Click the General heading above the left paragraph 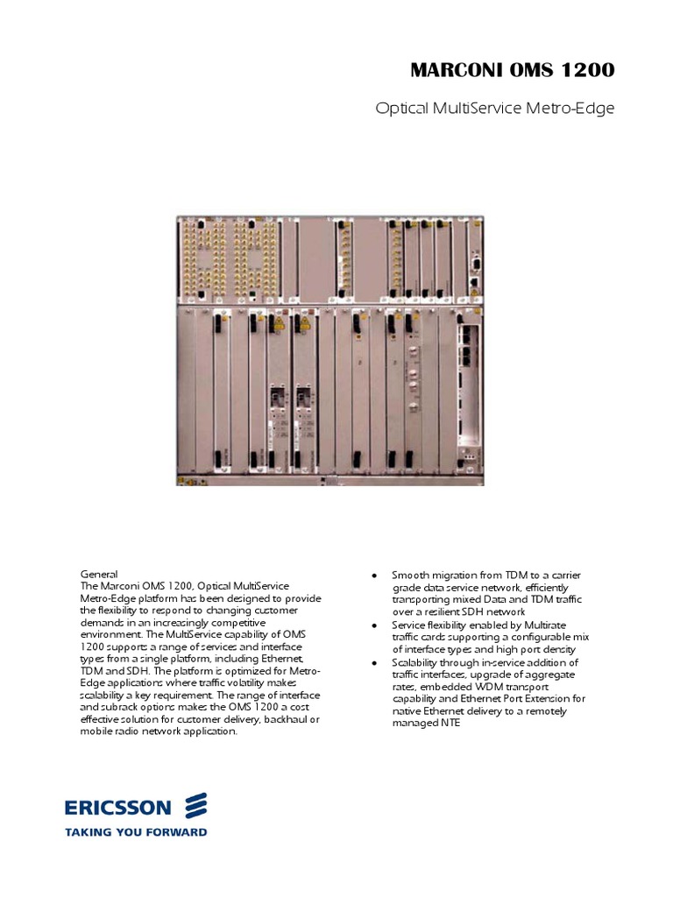(x=99, y=575)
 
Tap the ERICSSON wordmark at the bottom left (x=120, y=805)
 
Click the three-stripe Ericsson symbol (x=195, y=805)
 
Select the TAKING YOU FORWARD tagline (x=136, y=831)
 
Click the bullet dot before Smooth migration (x=374, y=576)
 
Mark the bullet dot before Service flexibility (x=374, y=625)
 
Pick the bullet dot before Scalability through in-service (x=374, y=663)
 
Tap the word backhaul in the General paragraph (x=277, y=719)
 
